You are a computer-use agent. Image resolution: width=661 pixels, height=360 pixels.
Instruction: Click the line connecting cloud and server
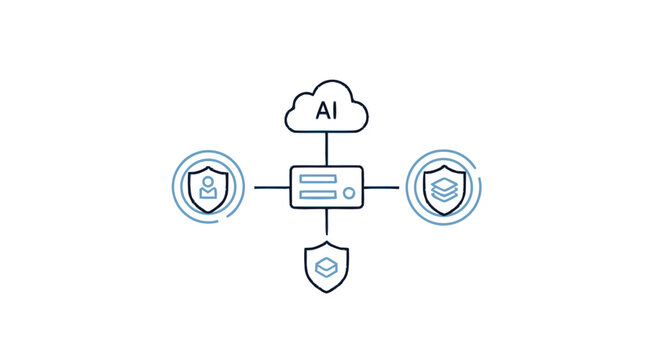click(326, 148)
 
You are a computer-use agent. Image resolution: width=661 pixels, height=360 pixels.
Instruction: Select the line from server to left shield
click(271, 187)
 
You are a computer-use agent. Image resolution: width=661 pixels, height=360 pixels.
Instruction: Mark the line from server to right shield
click(381, 187)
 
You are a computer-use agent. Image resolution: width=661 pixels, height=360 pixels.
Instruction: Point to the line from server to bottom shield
click(326, 222)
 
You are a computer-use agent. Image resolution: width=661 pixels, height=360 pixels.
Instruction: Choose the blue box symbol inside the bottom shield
click(326, 265)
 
